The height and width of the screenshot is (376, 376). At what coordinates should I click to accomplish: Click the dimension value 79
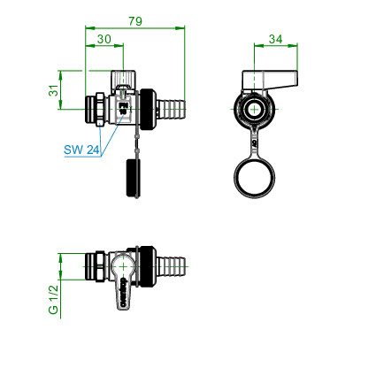[135, 21]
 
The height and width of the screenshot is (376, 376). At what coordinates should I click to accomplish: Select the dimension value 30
[104, 39]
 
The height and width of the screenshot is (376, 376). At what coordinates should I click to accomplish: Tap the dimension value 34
[275, 39]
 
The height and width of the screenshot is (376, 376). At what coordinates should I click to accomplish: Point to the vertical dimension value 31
[53, 90]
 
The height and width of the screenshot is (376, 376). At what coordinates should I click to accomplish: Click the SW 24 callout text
[81, 150]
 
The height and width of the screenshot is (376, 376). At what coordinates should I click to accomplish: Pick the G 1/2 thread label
[53, 300]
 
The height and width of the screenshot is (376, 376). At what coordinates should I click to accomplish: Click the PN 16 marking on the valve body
[123, 108]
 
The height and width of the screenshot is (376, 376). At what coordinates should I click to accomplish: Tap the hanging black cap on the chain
[133, 178]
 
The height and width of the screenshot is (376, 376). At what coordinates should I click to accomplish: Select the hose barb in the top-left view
[171, 110]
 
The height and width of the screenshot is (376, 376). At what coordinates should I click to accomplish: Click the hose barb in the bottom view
[171, 266]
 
